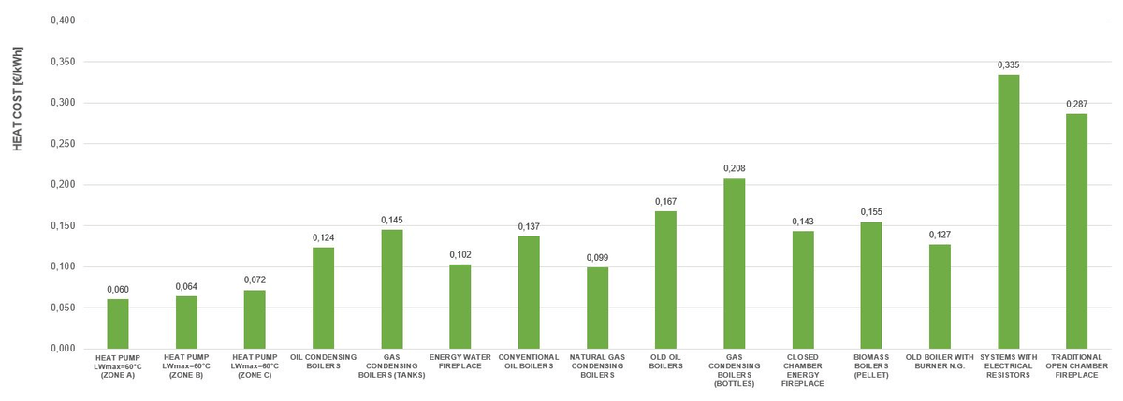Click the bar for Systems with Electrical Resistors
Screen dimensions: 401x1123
pos(1008,211)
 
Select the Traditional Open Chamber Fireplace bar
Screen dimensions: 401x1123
pos(1076,231)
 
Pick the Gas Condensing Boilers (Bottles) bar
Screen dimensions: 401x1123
pos(734,263)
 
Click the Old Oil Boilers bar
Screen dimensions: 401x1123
pos(665,279)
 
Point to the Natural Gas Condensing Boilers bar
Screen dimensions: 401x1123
pos(597,308)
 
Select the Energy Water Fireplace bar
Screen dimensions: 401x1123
pos(460,307)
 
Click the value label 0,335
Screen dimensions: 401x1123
pos(1008,64)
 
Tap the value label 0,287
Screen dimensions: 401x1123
pos(1076,104)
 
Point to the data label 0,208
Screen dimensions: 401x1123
pos(734,168)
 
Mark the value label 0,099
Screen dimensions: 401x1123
pos(597,257)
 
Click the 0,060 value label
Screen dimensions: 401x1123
pos(118,290)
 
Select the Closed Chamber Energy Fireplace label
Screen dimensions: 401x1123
pos(803,370)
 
